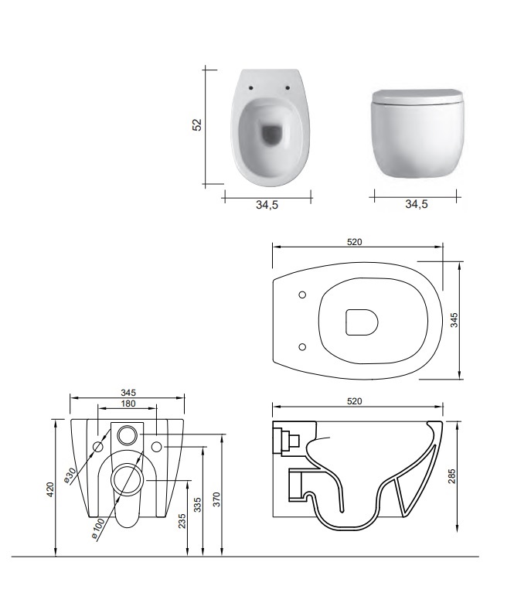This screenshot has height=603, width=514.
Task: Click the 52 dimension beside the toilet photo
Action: [197, 125]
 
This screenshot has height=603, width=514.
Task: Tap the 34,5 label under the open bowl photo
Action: [267, 205]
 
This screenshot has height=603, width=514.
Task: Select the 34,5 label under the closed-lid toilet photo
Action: [417, 204]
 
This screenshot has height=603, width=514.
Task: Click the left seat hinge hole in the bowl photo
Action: [251, 87]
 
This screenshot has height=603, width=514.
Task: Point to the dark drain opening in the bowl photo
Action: [271, 135]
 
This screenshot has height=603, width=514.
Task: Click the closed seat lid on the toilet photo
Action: [417, 97]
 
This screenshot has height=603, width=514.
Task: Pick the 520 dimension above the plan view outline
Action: [355, 242]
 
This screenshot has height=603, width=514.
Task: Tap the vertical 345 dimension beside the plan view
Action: [454, 320]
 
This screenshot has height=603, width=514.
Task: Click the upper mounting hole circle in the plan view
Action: [302, 295]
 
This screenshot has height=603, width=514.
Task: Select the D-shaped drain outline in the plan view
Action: [362, 322]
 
